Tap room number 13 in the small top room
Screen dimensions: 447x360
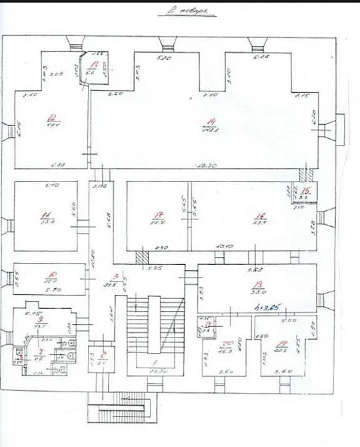point(95,65)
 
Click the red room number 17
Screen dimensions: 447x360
point(158,215)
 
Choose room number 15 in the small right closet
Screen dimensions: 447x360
point(303,191)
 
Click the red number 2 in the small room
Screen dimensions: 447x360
point(105,354)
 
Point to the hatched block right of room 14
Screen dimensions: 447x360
point(303,175)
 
